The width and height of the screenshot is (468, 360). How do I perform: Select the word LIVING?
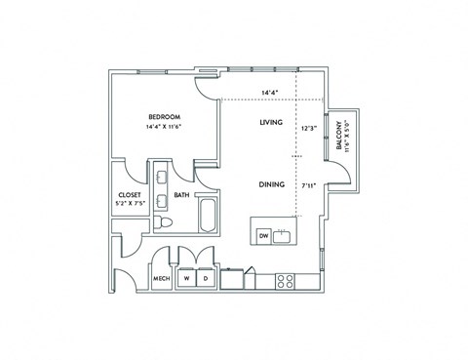[271, 123]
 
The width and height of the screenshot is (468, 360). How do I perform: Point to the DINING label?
[271, 183]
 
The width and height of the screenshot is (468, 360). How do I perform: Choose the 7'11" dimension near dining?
[309, 184]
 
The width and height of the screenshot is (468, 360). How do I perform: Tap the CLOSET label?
[130, 195]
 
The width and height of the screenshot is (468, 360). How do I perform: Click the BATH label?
[181, 195]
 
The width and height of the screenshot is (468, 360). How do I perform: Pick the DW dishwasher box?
[263, 236]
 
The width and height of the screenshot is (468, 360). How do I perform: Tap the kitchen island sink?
[285, 234]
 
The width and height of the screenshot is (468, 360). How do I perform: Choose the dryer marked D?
[206, 278]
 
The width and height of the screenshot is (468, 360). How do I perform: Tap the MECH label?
[162, 279]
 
